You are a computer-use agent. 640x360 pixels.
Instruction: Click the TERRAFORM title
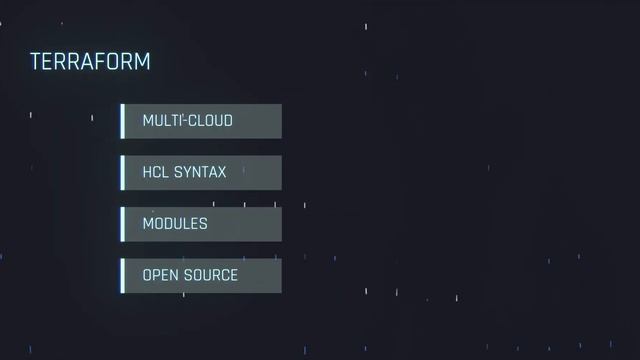click(x=90, y=62)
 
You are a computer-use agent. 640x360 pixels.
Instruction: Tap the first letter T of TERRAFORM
click(x=35, y=62)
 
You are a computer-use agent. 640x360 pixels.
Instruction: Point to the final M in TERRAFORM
click(x=142, y=62)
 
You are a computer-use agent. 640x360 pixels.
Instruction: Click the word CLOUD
click(x=211, y=121)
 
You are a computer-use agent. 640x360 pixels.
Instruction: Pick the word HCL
click(x=156, y=173)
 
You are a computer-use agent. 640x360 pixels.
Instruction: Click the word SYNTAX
click(x=201, y=173)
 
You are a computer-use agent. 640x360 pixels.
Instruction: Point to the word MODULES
click(x=175, y=224)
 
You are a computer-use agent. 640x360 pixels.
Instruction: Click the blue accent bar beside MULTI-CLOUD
click(x=122, y=121)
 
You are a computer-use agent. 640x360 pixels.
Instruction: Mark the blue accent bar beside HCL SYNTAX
click(x=122, y=173)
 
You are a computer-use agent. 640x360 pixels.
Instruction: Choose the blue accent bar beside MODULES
click(x=122, y=224)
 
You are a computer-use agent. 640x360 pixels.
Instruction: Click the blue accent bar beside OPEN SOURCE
click(x=122, y=276)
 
